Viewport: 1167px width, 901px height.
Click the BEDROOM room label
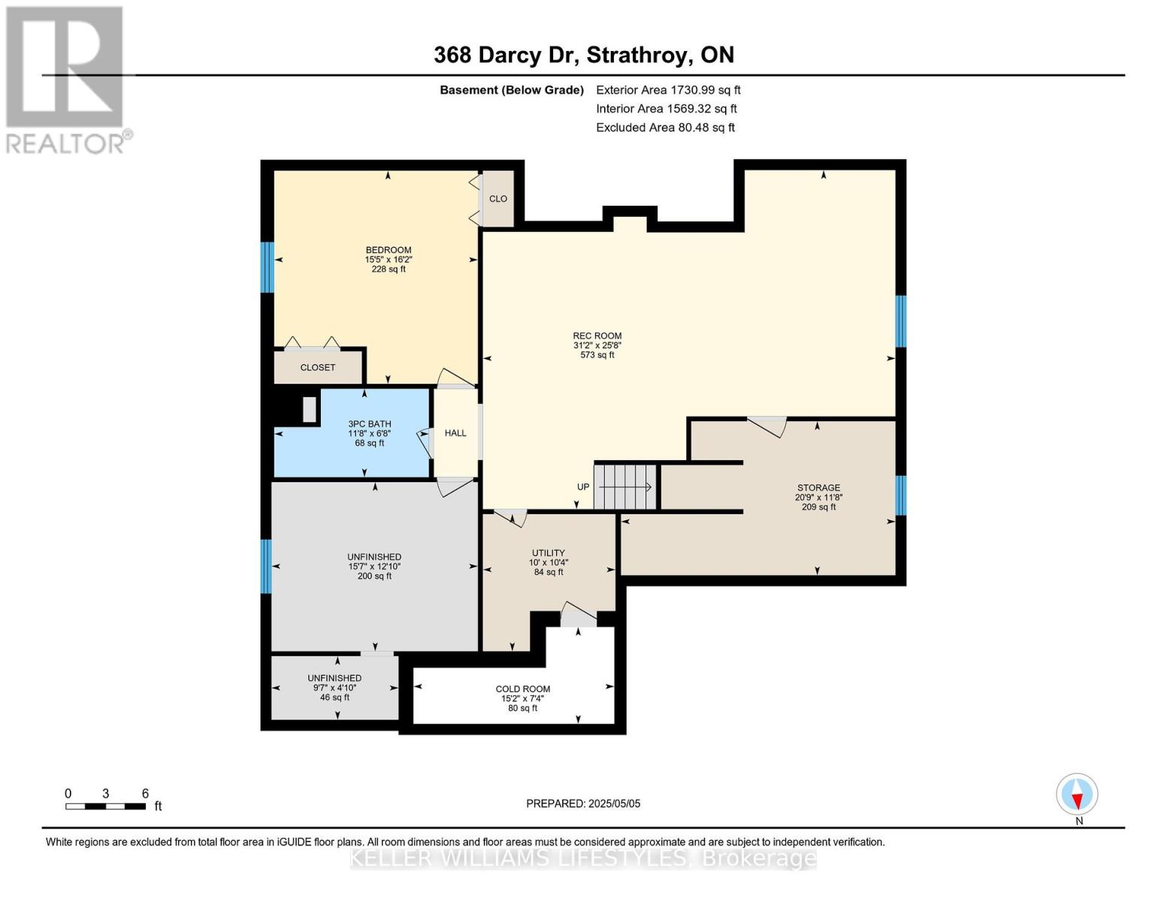[388, 250]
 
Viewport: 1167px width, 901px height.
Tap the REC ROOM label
[597, 336]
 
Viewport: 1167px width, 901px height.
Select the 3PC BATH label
[370, 424]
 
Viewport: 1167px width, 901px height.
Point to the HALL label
[455, 433]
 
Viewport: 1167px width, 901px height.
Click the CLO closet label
[498, 199]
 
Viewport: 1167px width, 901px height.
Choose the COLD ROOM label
[522, 689]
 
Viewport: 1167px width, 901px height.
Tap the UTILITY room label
[549, 553]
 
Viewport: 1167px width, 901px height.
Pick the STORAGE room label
[818, 488]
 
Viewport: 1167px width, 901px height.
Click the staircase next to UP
[626, 487]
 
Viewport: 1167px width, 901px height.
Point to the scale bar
[106, 806]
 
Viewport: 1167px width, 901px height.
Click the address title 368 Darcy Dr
[506, 56]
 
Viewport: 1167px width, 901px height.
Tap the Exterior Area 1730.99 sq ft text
[668, 90]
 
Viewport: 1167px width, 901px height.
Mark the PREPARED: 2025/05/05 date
[583, 803]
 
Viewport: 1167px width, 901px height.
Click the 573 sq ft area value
[597, 355]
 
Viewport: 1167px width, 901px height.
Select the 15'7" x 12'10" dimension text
[374, 567]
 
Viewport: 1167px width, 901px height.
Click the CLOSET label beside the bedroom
[317, 368]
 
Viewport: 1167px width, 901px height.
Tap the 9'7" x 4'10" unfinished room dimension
[334, 688]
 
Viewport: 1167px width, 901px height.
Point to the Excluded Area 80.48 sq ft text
[665, 128]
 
